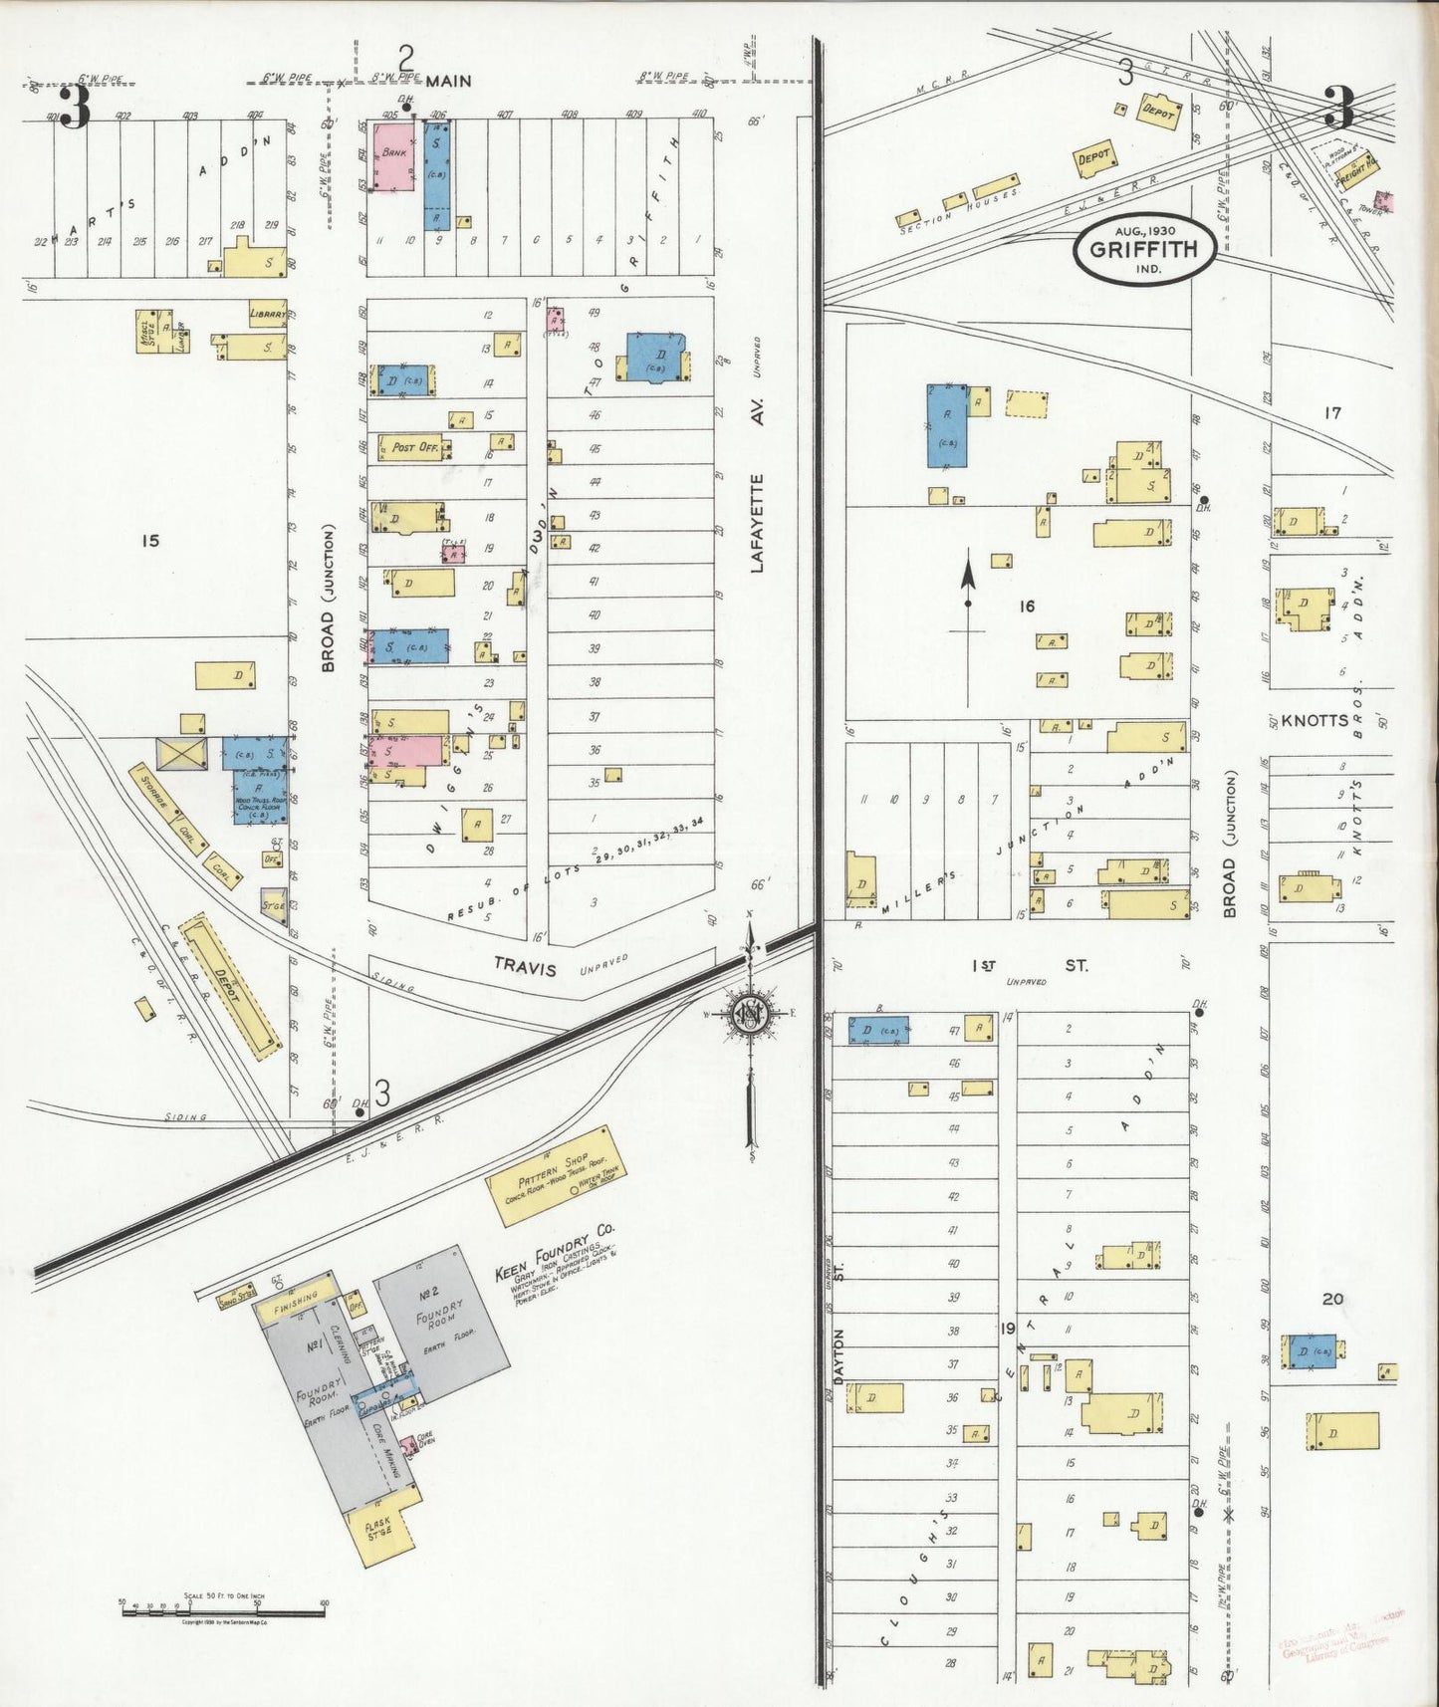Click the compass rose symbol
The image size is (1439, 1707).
point(750,1013)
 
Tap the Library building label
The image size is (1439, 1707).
point(268,314)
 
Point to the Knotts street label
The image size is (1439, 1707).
point(1315,720)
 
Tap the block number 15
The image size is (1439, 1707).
point(149,541)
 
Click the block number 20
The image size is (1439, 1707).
point(1332,1298)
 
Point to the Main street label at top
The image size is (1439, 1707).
point(448,82)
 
